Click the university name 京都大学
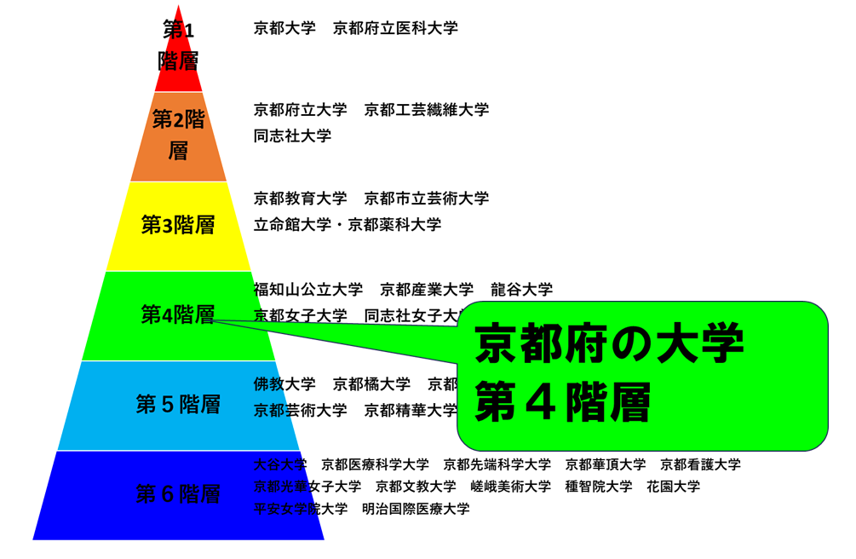(284, 28)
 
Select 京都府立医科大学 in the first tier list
(395, 28)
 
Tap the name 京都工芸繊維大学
(427, 110)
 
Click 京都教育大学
(300, 199)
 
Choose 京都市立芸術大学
(427, 199)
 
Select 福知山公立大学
(307, 290)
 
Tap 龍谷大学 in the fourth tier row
(521, 290)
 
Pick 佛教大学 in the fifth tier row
(284, 384)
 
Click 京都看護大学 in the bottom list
(700, 464)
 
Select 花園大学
(673, 487)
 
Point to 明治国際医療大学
(416, 509)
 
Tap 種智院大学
(599, 487)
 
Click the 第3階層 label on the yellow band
(178, 225)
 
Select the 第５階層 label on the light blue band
(178, 404)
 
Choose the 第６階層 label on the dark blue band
(178, 494)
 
